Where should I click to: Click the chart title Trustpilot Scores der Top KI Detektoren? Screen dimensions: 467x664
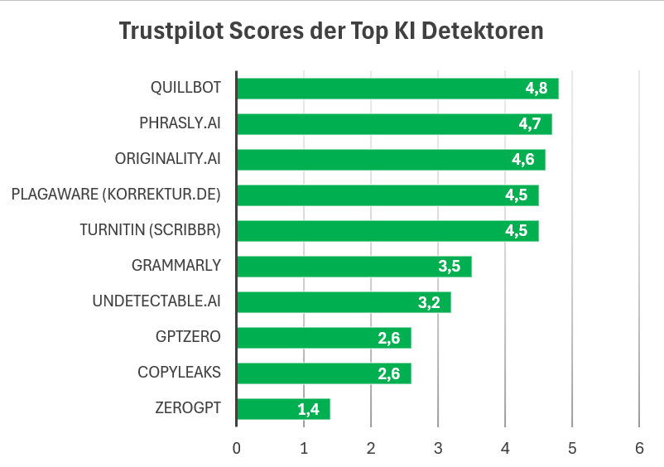click(x=331, y=31)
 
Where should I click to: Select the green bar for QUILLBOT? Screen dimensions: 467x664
click(x=397, y=89)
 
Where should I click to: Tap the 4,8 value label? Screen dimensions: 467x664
click(x=536, y=89)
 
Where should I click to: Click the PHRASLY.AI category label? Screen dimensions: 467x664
click(x=180, y=124)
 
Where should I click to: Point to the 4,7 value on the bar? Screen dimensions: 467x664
click(x=530, y=124)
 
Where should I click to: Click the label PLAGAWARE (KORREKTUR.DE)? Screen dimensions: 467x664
click(x=116, y=195)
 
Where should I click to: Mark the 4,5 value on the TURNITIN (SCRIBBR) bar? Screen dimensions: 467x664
click(x=517, y=231)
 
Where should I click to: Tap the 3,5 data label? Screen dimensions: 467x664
click(x=449, y=267)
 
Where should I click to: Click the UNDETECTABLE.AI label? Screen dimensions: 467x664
click(x=156, y=301)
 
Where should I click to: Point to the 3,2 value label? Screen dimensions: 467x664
click(x=429, y=302)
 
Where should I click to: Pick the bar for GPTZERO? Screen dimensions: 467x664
click(x=324, y=338)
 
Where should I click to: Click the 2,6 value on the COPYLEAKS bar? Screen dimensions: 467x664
click(x=388, y=373)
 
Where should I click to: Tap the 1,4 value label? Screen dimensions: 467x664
click(x=308, y=409)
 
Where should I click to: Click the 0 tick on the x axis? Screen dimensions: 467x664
click(x=237, y=448)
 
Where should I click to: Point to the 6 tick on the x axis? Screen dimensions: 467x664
click(x=638, y=448)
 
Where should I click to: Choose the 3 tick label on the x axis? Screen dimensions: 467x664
click(x=438, y=448)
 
